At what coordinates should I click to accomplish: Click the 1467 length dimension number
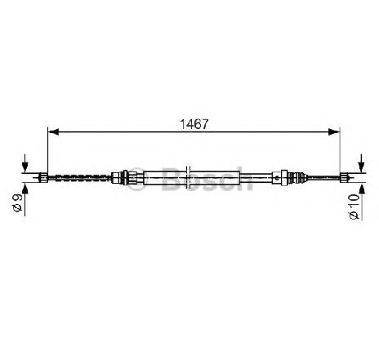[x=194, y=124]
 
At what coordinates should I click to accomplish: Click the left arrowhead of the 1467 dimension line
[x=53, y=131]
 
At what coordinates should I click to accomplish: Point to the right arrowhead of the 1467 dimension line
[x=334, y=131]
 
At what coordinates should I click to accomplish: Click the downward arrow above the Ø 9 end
[x=25, y=163]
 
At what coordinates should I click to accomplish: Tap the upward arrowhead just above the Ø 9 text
[x=25, y=189]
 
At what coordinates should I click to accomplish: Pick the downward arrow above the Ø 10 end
[x=361, y=163]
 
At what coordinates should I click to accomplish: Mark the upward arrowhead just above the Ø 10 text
[x=361, y=189]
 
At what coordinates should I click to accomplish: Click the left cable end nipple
[x=43, y=178]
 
